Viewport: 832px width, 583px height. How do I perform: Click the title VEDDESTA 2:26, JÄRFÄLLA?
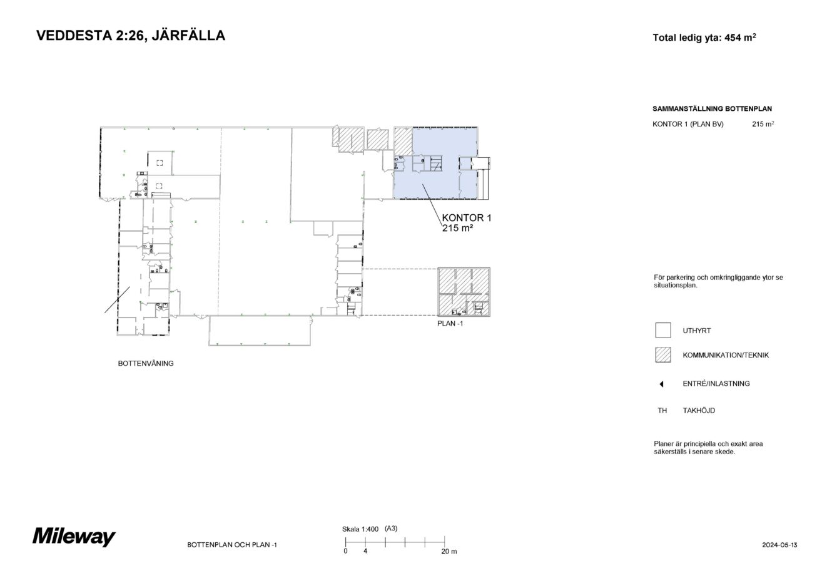[131, 36]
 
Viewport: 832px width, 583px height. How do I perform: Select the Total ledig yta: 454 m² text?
[704, 38]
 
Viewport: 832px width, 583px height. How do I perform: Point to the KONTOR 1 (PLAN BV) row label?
[687, 124]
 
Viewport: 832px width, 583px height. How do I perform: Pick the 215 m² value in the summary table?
[763, 124]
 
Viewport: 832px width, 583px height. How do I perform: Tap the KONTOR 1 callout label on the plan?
[467, 218]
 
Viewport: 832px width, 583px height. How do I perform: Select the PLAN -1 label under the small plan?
[450, 324]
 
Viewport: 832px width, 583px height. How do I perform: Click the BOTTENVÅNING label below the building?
[146, 363]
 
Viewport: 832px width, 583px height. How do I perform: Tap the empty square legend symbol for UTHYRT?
[662, 330]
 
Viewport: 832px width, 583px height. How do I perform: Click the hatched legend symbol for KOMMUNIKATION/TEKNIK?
[662, 355]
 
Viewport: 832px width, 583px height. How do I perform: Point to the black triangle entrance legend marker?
[661, 384]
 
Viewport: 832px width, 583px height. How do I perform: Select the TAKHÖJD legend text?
[698, 411]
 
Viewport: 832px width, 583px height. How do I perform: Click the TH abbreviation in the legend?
[662, 411]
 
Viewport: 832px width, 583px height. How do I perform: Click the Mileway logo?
[74, 537]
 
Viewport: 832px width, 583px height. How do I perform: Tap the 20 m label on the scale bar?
[449, 552]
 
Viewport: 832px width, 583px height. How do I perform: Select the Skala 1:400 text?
[360, 529]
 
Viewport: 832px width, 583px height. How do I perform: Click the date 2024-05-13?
[779, 545]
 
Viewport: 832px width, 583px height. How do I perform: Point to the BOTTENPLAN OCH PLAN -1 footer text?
[231, 545]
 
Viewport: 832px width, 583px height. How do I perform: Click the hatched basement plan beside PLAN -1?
[463, 292]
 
